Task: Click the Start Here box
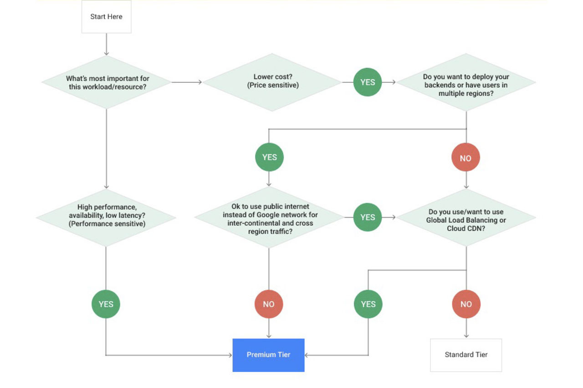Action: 106,17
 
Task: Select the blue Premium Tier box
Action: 268,355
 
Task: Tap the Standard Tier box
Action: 466,355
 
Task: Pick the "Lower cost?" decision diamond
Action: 272,82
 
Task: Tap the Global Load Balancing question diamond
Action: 466,218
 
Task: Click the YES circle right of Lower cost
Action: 368,82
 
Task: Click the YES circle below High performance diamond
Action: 106,304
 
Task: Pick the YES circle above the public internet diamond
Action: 269,157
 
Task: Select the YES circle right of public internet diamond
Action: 368,217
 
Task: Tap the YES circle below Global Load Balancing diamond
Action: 368,304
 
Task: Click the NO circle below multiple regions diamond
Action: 465,158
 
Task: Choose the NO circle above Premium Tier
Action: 269,304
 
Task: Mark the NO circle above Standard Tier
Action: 466,304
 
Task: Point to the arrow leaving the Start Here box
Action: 106,44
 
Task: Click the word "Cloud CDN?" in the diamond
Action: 466,229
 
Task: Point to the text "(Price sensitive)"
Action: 273,85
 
